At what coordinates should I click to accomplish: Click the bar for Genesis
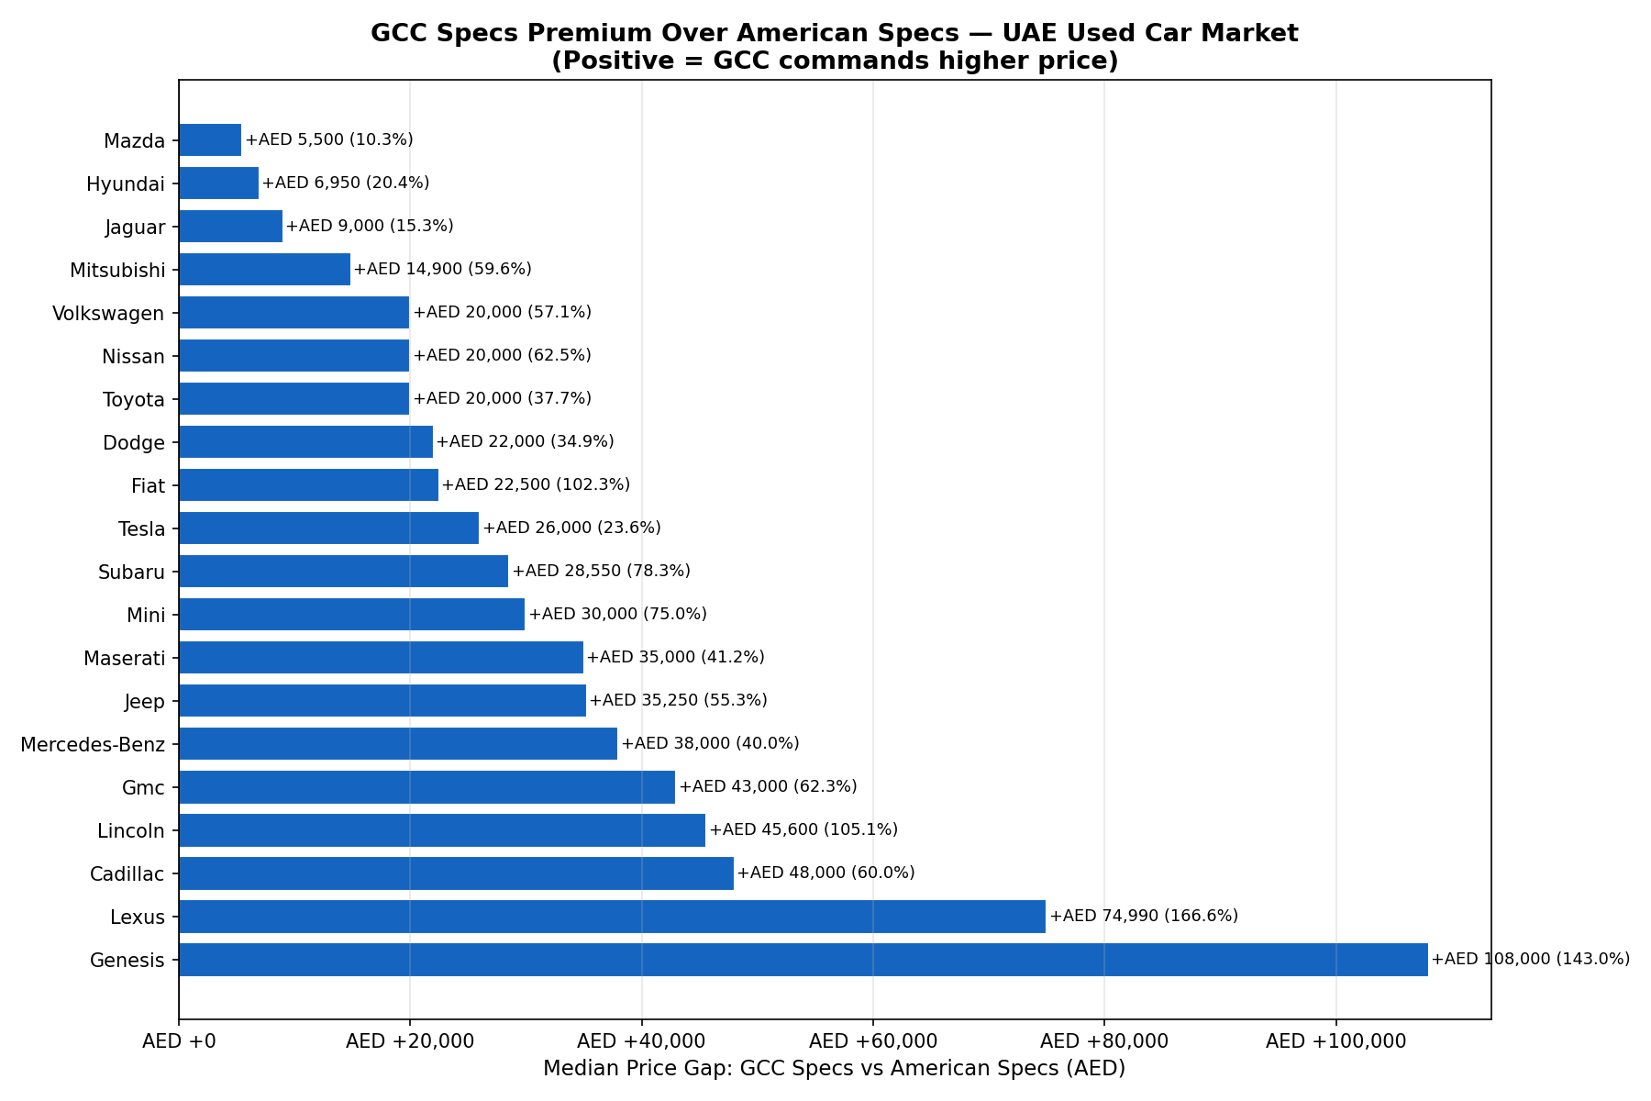coord(803,960)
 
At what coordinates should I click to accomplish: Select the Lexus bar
coord(612,917)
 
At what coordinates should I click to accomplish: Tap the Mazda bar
coord(210,140)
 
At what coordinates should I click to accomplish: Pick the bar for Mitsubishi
coord(264,270)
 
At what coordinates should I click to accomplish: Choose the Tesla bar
coord(328,528)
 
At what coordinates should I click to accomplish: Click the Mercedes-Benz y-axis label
coord(93,744)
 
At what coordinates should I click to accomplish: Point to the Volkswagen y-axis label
coord(108,314)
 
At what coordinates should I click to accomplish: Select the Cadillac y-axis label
coord(127,874)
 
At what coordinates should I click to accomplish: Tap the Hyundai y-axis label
coord(126,184)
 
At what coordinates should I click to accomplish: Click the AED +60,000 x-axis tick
coord(872,1041)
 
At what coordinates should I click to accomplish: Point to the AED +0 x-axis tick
coord(179,1041)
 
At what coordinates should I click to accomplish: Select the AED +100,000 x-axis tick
coord(1335,1041)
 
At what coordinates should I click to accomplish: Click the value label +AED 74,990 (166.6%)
coord(1144,916)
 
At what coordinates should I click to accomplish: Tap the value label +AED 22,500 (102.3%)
coord(536,484)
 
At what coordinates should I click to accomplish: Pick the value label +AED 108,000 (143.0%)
coord(1531,959)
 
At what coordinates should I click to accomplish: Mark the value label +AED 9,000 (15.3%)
coord(370,226)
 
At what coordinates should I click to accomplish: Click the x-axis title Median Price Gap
coord(834,1069)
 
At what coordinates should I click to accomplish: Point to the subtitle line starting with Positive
coord(834,61)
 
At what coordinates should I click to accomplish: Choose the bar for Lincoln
coord(442,830)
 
